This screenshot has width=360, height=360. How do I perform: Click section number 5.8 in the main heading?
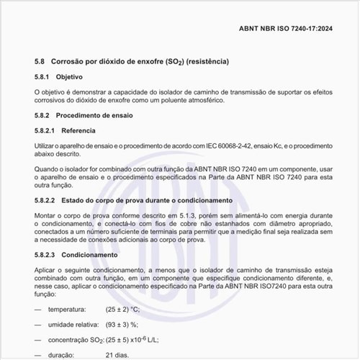click(x=40, y=63)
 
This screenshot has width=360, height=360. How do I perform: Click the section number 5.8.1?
click(x=43, y=77)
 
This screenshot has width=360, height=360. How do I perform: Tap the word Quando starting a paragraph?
click(x=48, y=169)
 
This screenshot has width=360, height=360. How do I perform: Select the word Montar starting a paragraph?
click(x=48, y=215)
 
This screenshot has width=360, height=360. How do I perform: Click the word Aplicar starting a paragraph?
click(x=47, y=269)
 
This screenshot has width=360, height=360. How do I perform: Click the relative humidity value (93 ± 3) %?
click(x=122, y=324)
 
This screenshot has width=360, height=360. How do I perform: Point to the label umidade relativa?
click(x=73, y=324)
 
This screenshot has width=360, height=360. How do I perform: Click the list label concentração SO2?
click(x=76, y=339)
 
